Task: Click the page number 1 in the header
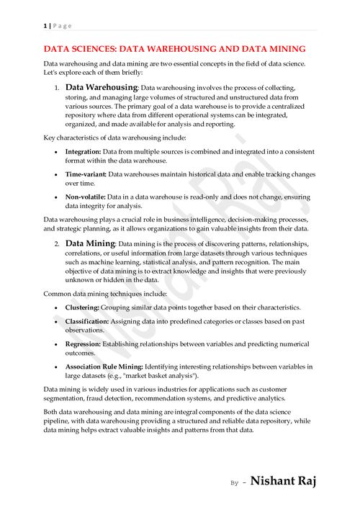45,25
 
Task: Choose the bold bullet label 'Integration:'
83,152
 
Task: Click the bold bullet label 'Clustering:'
82,306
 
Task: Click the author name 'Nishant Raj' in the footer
283,480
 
